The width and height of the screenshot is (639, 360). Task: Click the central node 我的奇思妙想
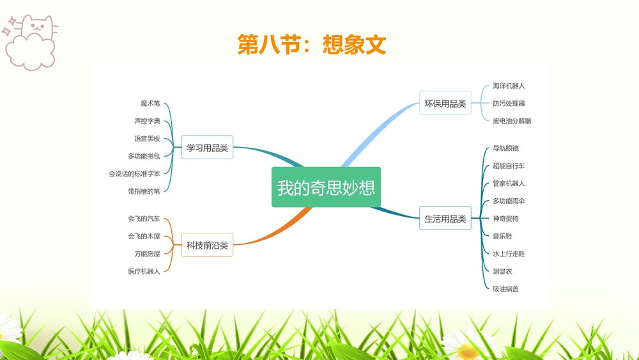pyautogui.click(x=326, y=187)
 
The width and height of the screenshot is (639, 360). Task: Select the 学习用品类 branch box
pyautogui.click(x=207, y=148)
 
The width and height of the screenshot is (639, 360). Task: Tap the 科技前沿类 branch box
pyautogui.click(x=207, y=244)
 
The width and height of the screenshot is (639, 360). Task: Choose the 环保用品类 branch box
pyautogui.click(x=445, y=104)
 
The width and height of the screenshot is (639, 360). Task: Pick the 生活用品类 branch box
pyautogui.click(x=445, y=219)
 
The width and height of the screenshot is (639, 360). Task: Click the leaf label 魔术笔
pyautogui.click(x=150, y=104)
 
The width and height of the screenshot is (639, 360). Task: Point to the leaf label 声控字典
pyautogui.click(x=147, y=121)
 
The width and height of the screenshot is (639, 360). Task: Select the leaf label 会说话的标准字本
pyautogui.click(x=134, y=173)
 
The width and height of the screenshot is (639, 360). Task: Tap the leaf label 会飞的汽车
pyautogui.click(x=144, y=219)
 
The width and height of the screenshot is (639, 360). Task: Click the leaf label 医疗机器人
pyautogui.click(x=144, y=271)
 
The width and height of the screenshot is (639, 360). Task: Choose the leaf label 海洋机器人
pyautogui.click(x=509, y=86)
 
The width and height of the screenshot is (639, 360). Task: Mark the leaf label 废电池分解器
pyautogui.click(x=512, y=121)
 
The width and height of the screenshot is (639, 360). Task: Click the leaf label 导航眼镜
pyautogui.click(x=505, y=148)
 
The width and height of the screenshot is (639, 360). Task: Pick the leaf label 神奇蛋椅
pyautogui.click(x=505, y=219)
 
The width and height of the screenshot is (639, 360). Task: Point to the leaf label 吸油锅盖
pyautogui.click(x=505, y=289)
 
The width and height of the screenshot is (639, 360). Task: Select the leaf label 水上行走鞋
pyautogui.click(x=509, y=254)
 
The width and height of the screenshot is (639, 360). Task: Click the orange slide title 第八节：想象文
pyautogui.click(x=312, y=45)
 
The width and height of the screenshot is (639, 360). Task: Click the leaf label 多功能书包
pyautogui.click(x=144, y=156)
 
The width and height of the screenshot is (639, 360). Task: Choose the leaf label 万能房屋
pyautogui.click(x=147, y=254)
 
